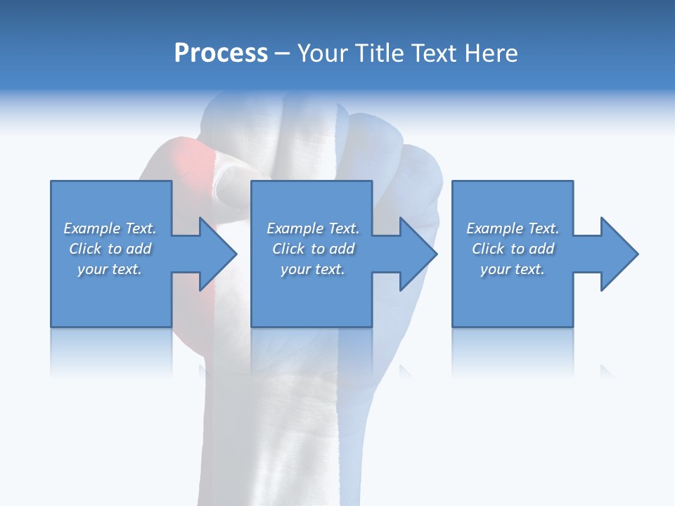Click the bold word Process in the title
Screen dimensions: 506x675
click(221, 53)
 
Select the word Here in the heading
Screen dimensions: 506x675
click(491, 53)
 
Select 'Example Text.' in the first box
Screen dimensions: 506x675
click(110, 228)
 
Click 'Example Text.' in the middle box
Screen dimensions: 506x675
click(313, 228)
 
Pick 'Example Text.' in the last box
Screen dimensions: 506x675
click(513, 228)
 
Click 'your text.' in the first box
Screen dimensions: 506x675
click(110, 269)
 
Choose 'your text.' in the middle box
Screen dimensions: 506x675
click(313, 269)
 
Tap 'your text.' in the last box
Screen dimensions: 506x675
click(513, 269)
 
